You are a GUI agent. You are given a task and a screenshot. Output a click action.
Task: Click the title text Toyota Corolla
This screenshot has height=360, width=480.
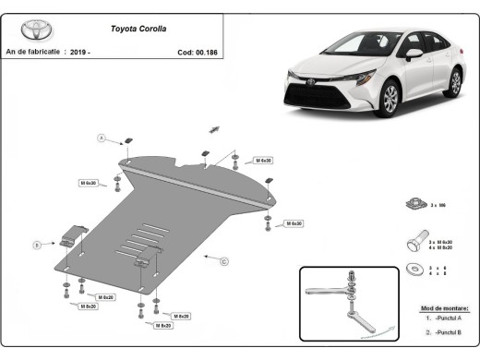click(140, 29)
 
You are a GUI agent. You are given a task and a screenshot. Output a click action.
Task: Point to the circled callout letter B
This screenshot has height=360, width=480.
click(36, 245)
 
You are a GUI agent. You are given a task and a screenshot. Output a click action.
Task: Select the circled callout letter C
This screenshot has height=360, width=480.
click(224, 261)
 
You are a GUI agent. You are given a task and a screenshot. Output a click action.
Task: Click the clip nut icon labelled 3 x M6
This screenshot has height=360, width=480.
click(414, 204)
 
